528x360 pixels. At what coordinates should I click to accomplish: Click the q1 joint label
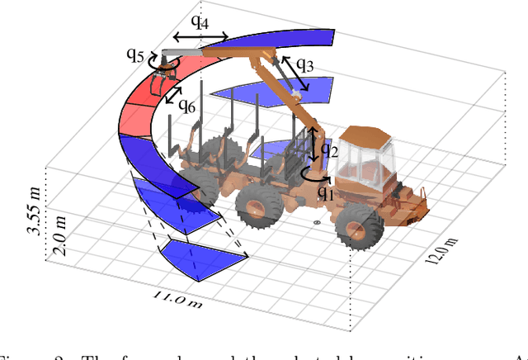(x=325, y=194)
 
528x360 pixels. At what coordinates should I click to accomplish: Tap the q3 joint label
(x=305, y=64)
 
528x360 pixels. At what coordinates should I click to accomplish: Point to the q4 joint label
(x=198, y=23)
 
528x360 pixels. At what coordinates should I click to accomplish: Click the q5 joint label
(x=135, y=55)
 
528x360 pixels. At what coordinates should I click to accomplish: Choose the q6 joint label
(x=189, y=108)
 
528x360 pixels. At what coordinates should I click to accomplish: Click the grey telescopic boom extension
(x=182, y=53)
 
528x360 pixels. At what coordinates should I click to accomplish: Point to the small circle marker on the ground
(x=318, y=223)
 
